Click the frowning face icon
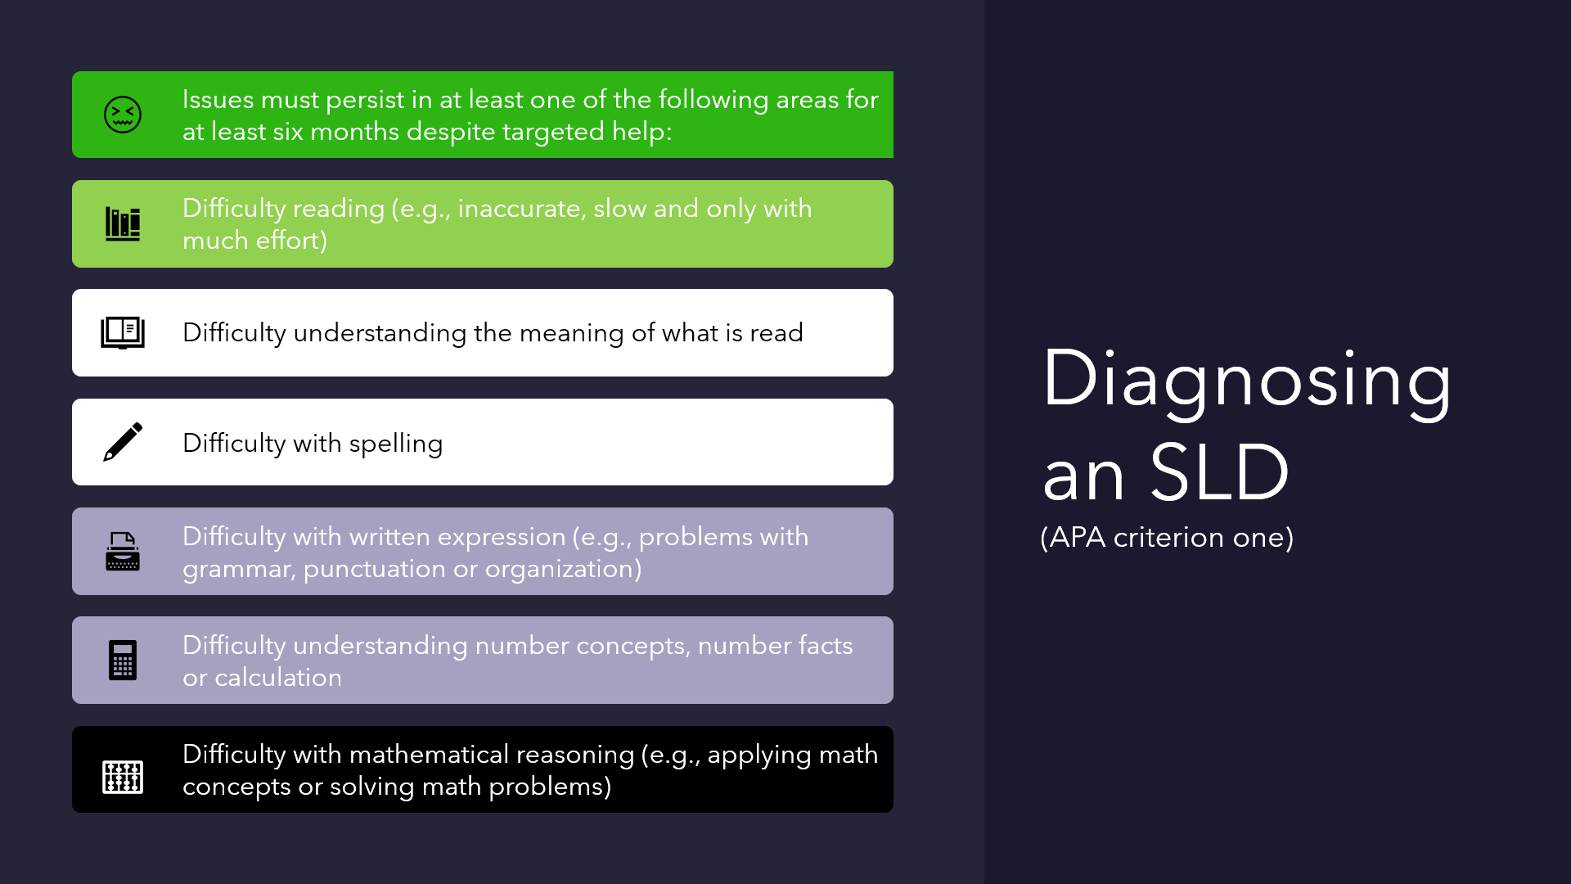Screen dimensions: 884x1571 pyautogui.click(x=123, y=115)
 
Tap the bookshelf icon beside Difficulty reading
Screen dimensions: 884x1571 pyautogui.click(x=123, y=223)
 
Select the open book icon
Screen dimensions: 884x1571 pyautogui.click(x=123, y=333)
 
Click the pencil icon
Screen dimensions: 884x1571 pyautogui.click(x=123, y=442)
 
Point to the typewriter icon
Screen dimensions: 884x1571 pyautogui.click(x=123, y=551)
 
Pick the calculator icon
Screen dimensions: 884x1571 pyautogui.click(x=123, y=660)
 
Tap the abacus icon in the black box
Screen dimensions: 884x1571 pyautogui.click(x=123, y=777)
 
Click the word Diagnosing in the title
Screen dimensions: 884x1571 pyautogui.click(x=1246, y=380)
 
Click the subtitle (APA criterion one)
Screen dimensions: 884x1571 pyautogui.click(x=1167, y=538)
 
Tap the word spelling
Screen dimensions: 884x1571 pyautogui.click(x=395, y=444)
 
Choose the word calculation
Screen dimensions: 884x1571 pyautogui.click(x=278, y=678)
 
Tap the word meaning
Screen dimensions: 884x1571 pyautogui.click(x=571, y=333)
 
